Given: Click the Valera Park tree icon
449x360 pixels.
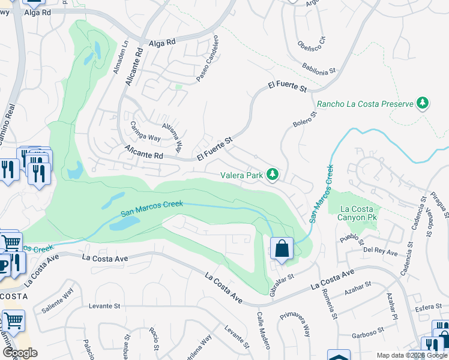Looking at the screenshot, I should coord(273,175).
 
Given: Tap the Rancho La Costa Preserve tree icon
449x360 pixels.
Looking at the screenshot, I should coord(423,103).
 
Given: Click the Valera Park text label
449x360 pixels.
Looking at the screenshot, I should coord(242,175).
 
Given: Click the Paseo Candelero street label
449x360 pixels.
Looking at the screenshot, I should coord(205,59).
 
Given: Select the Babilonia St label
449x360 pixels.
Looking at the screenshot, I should coord(319,68).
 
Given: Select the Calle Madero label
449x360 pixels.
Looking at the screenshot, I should coord(264,331).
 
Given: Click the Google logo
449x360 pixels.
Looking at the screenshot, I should coord(20,353).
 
